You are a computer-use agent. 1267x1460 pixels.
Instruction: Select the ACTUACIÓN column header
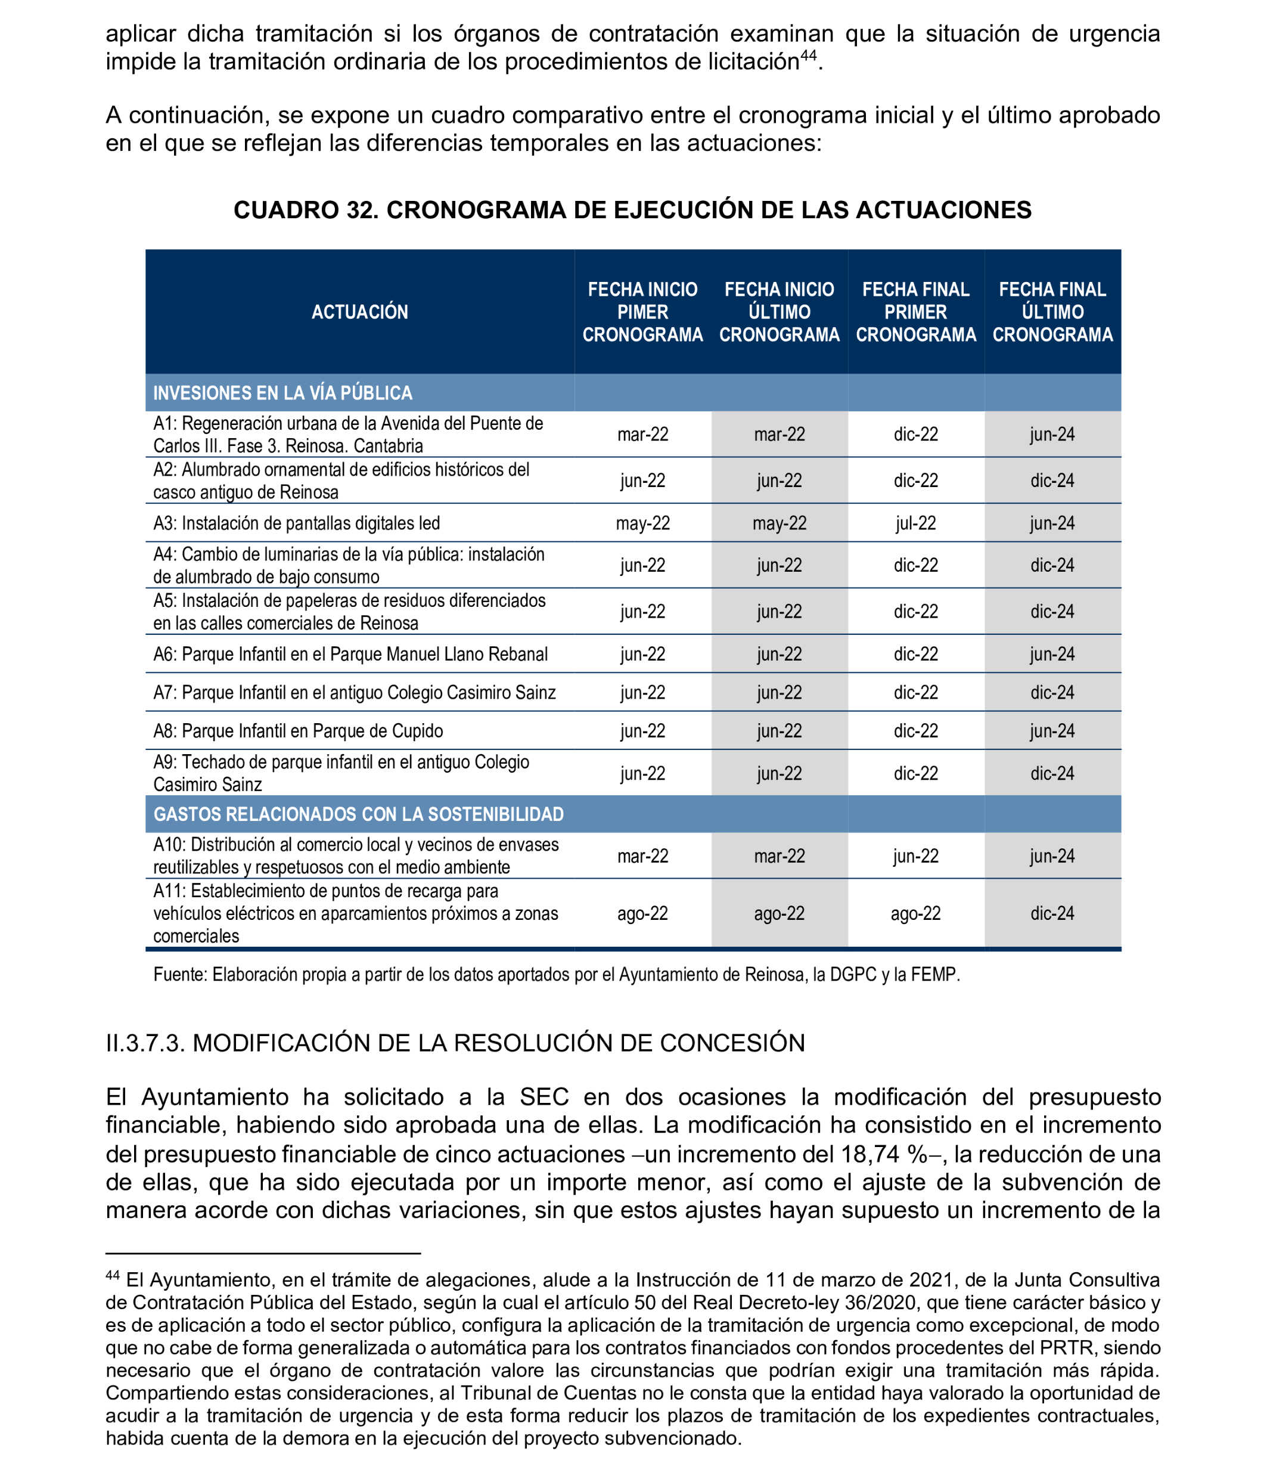pos(360,312)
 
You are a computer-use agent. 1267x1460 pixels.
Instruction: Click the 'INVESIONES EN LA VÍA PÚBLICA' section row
pos(283,393)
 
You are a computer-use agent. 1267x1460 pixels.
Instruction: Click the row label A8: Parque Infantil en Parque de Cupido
pos(299,731)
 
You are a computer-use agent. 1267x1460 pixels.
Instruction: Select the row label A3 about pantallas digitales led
pos(297,523)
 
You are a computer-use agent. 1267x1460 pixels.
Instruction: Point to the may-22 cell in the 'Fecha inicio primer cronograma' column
pos(642,523)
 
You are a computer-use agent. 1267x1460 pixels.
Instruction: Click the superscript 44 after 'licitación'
pos(808,55)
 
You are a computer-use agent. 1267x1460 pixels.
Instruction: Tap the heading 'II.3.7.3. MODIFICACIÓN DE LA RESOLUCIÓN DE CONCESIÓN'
pos(455,1043)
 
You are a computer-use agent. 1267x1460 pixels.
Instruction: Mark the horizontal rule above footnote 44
pos(263,1254)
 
